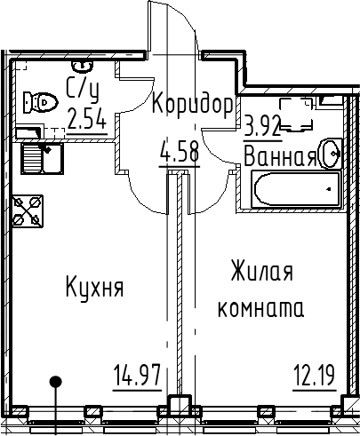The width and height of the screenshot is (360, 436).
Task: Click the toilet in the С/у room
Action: (x=40, y=102)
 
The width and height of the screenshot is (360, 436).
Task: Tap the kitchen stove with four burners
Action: (x=28, y=211)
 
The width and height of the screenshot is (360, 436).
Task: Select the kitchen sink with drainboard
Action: (x=42, y=158)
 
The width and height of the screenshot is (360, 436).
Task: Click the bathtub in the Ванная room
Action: (x=295, y=189)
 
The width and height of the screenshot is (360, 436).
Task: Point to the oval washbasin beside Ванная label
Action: (x=330, y=154)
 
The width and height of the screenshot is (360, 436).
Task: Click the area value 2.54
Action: (x=87, y=119)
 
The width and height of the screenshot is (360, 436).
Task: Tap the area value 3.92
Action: (x=262, y=127)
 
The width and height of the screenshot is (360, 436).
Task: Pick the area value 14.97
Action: (x=137, y=376)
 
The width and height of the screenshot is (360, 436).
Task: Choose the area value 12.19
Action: (x=316, y=375)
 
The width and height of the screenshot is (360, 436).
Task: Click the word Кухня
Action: (x=94, y=286)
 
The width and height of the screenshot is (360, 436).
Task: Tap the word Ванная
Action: (x=280, y=156)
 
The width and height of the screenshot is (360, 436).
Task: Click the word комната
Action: (x=260, y=309)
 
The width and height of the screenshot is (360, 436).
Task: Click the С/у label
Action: (x=83, y=89)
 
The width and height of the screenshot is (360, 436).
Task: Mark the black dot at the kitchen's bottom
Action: (x=55, y=381)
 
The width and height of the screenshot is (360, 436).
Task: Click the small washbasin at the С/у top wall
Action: (x=83, y=67)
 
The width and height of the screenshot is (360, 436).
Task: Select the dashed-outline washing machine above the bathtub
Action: (x=296, y=115)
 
